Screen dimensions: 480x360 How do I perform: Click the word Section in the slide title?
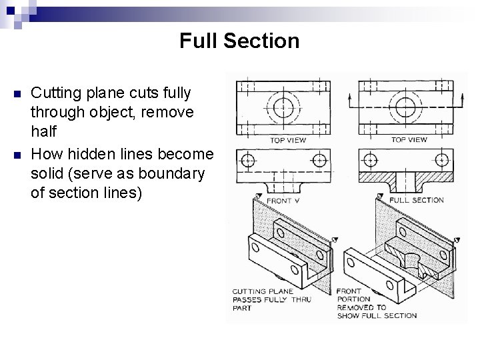pyautogui.click(x=261, y=41)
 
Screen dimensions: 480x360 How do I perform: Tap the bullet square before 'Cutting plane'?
pyautogui.click(x=17, y=93)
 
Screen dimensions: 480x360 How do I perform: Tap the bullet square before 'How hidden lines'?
pyautogui.click(x=17, y=155)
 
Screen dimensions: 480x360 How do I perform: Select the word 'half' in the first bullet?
pyautogui.click(x=44, y=131)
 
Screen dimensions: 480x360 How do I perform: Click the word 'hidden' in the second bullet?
pyautogui.click(x=110, y=154)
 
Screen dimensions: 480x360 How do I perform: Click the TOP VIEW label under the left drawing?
pyautogui.click(x=288, y=140)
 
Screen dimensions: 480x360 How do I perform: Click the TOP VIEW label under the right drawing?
pyautogui.click(x=409, y=140)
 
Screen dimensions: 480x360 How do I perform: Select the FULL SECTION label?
pyautogui.click(x=416, y=200)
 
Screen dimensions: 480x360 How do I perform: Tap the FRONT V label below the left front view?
pyautogui.click(x=283, y=201)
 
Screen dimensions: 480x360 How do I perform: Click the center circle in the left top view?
pyautogui.click(x=283, y=108)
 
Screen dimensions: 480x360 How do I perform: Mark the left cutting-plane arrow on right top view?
pyautogui.click(x=349, y=101)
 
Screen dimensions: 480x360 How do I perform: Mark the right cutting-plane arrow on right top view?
pyautogui.click(x=463, y=101)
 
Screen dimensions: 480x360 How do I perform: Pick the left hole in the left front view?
pyautogui.click(x=247, y=160)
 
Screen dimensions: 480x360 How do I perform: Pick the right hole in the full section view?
pyautogui.click(x=442, y=160)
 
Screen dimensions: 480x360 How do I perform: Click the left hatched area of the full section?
pyautogui.click(x=376, y=177)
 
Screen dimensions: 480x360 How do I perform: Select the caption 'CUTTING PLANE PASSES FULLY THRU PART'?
pyautogui.click(x=272, y=300)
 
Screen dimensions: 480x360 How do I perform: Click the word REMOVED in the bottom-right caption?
pyautogui.click(x=361, y=307)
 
